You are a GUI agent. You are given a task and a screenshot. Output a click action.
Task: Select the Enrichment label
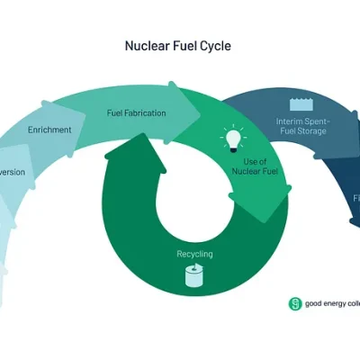click(50, 130)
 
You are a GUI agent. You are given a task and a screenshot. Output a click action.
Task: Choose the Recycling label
click(194, 254)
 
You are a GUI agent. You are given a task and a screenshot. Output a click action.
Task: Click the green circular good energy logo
click(295, 303)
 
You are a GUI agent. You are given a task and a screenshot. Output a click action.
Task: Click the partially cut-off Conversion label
click(13, 171)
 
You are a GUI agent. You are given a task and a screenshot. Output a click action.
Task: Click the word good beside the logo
click(312, 303)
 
